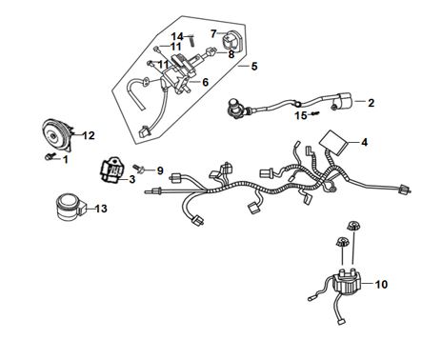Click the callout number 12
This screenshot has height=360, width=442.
[x=89, y=135]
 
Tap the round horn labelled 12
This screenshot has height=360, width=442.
[x=58, y=135]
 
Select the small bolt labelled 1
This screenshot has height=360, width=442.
[x=50, y=156]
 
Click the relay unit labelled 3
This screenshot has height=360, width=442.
[x=113, y=170]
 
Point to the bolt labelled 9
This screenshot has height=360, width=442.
[x=139, y=168]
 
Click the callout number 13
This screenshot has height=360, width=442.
[x=101, y=209]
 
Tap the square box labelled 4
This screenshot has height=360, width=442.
[x=333, y=142]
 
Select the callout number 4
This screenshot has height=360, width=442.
[x=364, y=142]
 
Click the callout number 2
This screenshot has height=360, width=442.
[x=371, y=103]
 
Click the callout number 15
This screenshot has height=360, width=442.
[x=301, y=115]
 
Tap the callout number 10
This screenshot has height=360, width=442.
[x=381, y=284]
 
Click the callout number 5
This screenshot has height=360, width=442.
[x=254, y=67]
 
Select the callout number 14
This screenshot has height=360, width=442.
[x=178, y=36]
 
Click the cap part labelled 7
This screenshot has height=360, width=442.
[x=231, y=40]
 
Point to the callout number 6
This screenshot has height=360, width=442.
[x=206, y=82]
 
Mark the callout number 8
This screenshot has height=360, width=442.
[x=231, y=54]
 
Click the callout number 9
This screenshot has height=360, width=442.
[x=160, y=170]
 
